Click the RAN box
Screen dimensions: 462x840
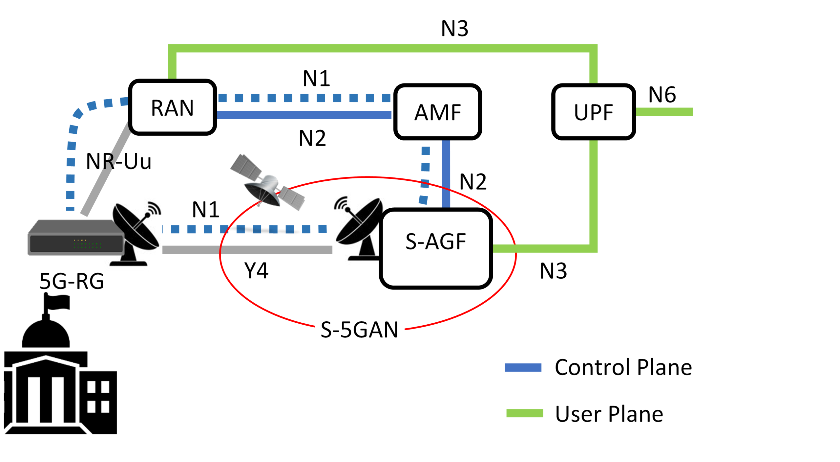(x=172, y=107)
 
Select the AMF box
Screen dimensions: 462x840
(x=437, y=112)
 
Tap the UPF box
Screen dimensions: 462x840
(x=593, y=112)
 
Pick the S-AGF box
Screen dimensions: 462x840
(x=436, y=248)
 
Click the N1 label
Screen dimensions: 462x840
(x=316, y=78)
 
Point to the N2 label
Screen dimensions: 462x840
(x=473, y=181)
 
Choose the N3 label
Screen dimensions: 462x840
(x=553, y=271)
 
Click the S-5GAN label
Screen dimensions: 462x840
(x=360, y=330)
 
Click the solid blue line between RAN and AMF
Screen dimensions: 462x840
(x=304, y=115)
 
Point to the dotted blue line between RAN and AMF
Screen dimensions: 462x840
(x=304, y=98)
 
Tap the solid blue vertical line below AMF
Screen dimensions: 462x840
(x=446, y=174)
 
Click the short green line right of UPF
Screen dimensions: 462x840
(x=664, y=112)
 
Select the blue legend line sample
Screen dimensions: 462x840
(x=523, y=367)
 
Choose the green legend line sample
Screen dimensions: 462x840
(x=525, y=413)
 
